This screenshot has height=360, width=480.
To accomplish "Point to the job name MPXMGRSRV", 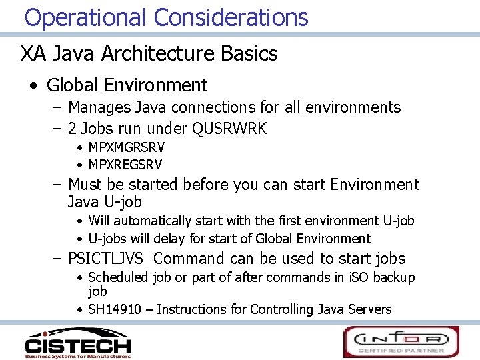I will click(x=126, y=147).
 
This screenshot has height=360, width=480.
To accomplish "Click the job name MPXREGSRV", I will click(x=125, y=164).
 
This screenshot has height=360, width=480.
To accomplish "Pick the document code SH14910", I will click(x=112, y=309).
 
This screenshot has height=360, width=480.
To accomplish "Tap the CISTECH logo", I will click(x=77, y=341).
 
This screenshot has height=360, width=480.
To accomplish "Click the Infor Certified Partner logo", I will click(x=401, y=341).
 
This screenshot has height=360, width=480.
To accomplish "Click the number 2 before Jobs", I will click(x=73, y=129).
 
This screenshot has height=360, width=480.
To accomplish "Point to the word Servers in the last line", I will click(x=369, y=309).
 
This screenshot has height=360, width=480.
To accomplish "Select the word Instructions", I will click(x=191, y=309).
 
